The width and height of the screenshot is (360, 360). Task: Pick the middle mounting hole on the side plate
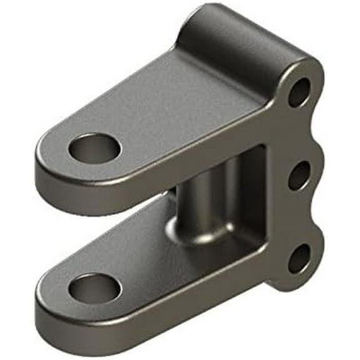(299, 176)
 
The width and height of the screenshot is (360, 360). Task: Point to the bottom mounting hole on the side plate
(300, 257)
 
